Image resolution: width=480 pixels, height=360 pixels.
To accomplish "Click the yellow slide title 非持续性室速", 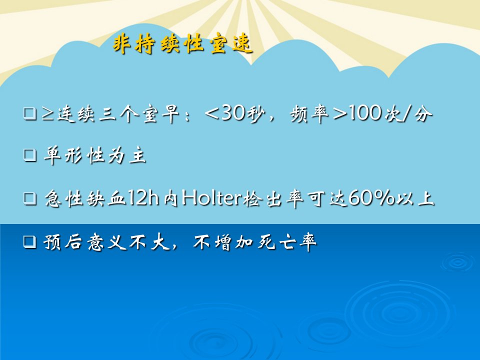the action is pyautogui.click(x=182, y=44).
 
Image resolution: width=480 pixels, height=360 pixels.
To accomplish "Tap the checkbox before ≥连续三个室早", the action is pyautogui.click(x=30, y=113).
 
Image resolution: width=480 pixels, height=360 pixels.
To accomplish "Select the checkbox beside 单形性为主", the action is pyautogui.click(x=30, y=155).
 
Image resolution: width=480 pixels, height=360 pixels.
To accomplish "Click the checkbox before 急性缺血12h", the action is pyautogui.click(x=30, y=198).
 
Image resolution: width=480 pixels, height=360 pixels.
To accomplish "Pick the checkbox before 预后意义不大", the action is pyautogui.click(x=30, y=242).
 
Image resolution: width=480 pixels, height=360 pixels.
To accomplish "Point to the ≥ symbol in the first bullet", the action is pyautogui.click(x=48, y=113).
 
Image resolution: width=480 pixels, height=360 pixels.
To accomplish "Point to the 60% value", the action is pyautogui.click(x=371, y=198).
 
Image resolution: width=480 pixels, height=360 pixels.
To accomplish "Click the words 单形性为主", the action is pyautogui.click(x=95, y=155).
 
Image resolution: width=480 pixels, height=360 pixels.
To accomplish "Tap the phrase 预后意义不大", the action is pyautogui.click(x=107, y=242).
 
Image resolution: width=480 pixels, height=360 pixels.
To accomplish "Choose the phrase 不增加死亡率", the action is pyautogui.click(x=254, y=242).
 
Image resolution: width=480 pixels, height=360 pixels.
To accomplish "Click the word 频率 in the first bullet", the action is pyautogui.click(x=309, y=113).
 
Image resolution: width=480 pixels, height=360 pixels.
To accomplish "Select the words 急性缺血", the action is pyautogui.click(x=85, y=198).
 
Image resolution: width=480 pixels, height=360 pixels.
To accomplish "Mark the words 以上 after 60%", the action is pyautogui.click(x=415, y=198).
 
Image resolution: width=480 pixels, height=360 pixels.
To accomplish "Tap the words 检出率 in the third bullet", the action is pyautogui.click(x=273, y=198).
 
